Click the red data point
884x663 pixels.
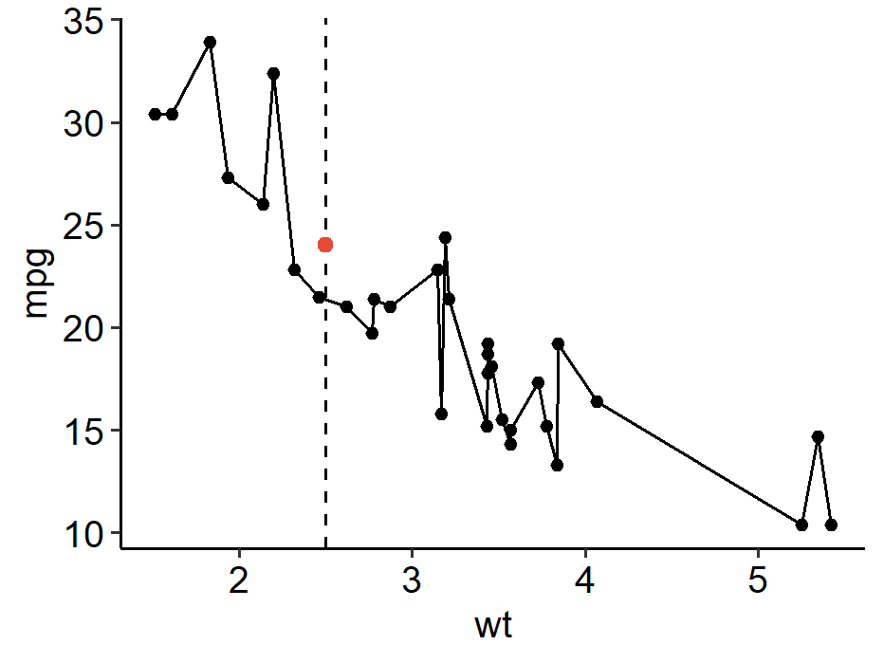pyautogui.click(x=325, y=245)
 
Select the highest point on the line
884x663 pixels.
pyautogui.click(x=210, y=42)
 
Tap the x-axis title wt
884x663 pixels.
pyautogui.click(x=493, y=625)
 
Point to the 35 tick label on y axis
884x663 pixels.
pyautogui.click(x=84, y=21)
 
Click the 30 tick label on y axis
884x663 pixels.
pyautogui.click(x=84, y=123)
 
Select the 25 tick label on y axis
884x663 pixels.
pyautogui.click(x=84, y=226)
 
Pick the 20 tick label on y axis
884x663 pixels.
pyautogui.click(x=84, y=328)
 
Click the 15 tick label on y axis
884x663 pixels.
pyautogui.click(x=84, y=431)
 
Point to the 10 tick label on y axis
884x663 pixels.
pyautogui.click(x=84, y=533)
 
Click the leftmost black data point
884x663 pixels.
pyautogui.click(x=155, y=114)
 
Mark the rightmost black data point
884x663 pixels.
pyautogui.click(x=831, y=525)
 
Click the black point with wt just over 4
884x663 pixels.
pyautogui.click(x=597, y=401)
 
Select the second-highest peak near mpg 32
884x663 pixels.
pyautogui.click(x=273, y=73)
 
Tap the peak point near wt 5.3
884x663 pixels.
pyautogui.click(x=818, y=436)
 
